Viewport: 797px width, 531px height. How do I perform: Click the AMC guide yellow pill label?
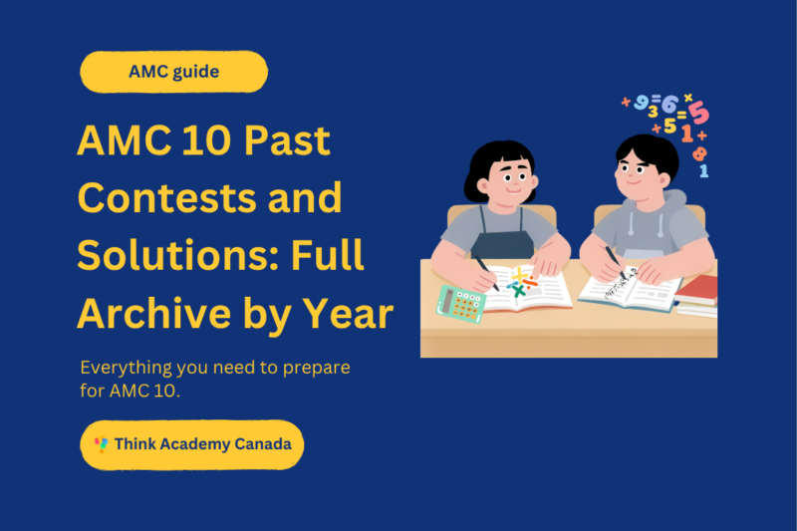[x=174, y=72]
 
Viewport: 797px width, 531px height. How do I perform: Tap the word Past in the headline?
[x=285, y=142]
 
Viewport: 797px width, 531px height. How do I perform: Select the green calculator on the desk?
[x=460, y=302]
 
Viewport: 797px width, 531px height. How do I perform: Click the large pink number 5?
[x=697, y=112]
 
